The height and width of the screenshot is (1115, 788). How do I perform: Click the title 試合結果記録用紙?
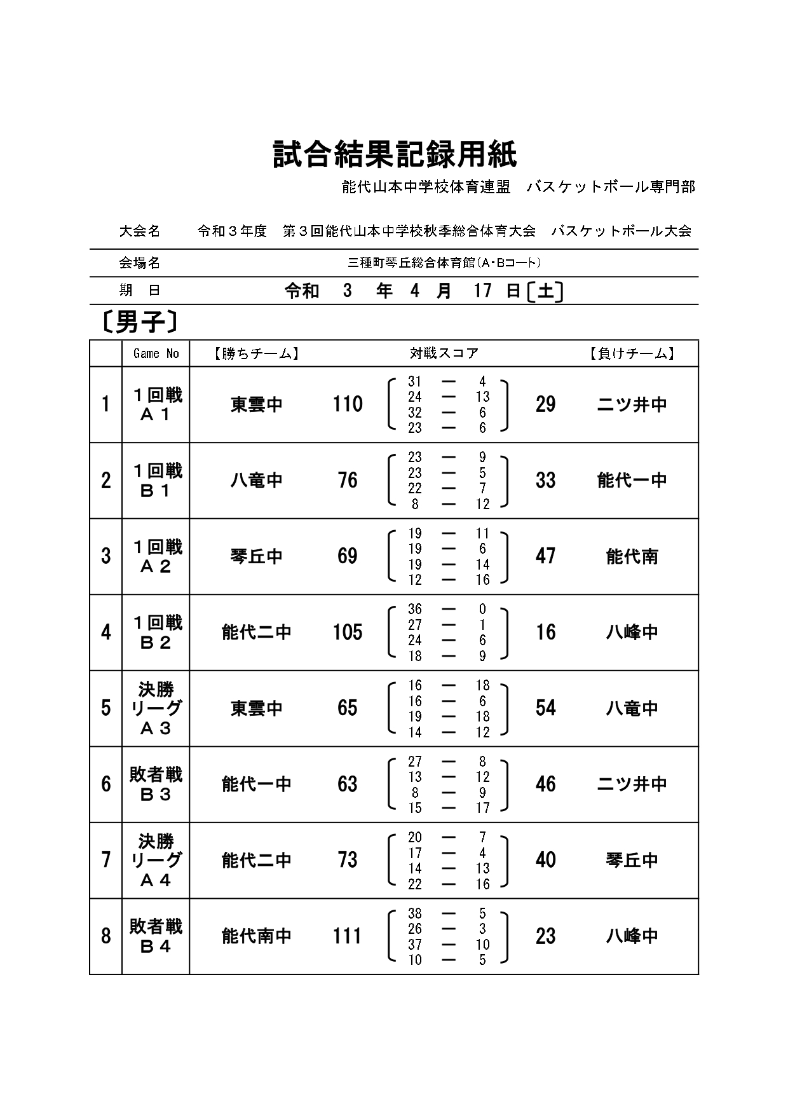point(395,154)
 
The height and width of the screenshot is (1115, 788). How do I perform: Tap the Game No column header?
point(156,353)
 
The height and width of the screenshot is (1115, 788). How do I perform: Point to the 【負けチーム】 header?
point(631,353)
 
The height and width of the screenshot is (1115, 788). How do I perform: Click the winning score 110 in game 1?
point(348,404)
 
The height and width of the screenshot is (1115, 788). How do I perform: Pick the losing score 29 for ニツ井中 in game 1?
point(545,404)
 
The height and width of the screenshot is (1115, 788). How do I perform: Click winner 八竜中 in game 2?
point(256,480)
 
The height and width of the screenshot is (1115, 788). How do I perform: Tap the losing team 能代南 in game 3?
point(632,556)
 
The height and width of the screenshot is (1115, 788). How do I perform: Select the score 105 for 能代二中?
point(348,632)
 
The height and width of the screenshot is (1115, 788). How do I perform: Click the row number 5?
point(105,708)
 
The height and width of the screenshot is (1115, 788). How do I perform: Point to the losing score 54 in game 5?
point(545,708)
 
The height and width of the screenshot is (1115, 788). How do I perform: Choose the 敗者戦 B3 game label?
point(156,784)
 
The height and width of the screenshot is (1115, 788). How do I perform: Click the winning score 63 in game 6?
point(348,784)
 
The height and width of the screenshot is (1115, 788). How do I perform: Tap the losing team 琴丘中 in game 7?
point(632,860)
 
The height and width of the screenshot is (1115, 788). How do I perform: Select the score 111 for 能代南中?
point(348,936)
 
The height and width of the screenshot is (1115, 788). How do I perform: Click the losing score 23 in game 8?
point(545,936)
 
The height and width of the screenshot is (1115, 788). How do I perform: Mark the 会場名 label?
point(139,263)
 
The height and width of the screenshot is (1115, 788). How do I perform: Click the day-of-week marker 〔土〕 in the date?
point(545,291)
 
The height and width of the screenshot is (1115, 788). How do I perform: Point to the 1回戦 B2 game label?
point(156,632)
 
